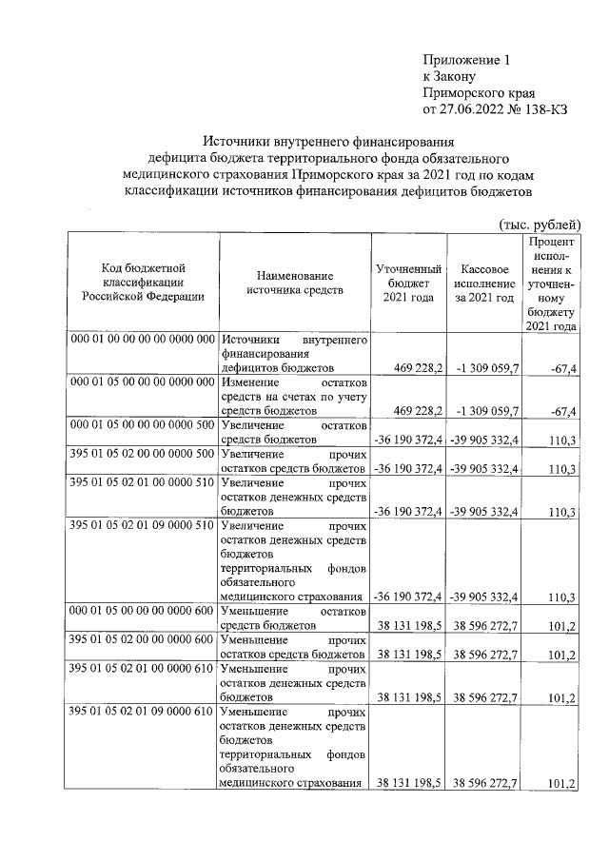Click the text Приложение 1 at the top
tap(466, 59)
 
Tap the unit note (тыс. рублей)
tap(540, 224)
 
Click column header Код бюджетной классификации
tap(142, 282)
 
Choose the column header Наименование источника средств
tap(293, 282)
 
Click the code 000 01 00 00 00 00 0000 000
tap(142, 340)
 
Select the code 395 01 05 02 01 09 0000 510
tap(142, 525)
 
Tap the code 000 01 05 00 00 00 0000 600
tap(142, 613)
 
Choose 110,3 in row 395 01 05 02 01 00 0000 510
tap(562, 512)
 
